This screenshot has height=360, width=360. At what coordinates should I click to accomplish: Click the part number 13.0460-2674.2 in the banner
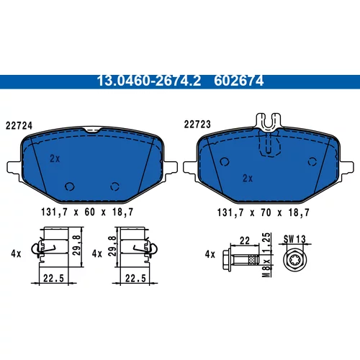(149, 81)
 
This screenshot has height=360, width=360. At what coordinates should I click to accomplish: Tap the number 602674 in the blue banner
(239, 81)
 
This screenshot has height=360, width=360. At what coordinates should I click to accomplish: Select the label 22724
(19, 126)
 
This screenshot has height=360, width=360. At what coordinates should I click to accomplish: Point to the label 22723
(197, 125)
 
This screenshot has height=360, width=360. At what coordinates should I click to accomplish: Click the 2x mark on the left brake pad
(55, 158)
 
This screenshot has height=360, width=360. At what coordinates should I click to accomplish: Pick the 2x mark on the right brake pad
(248, 179)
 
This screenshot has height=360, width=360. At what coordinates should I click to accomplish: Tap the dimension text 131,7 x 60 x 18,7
(87, 212)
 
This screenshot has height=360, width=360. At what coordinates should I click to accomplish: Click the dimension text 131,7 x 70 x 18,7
(264, 212)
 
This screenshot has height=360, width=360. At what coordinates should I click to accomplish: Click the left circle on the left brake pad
(70, 186)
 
